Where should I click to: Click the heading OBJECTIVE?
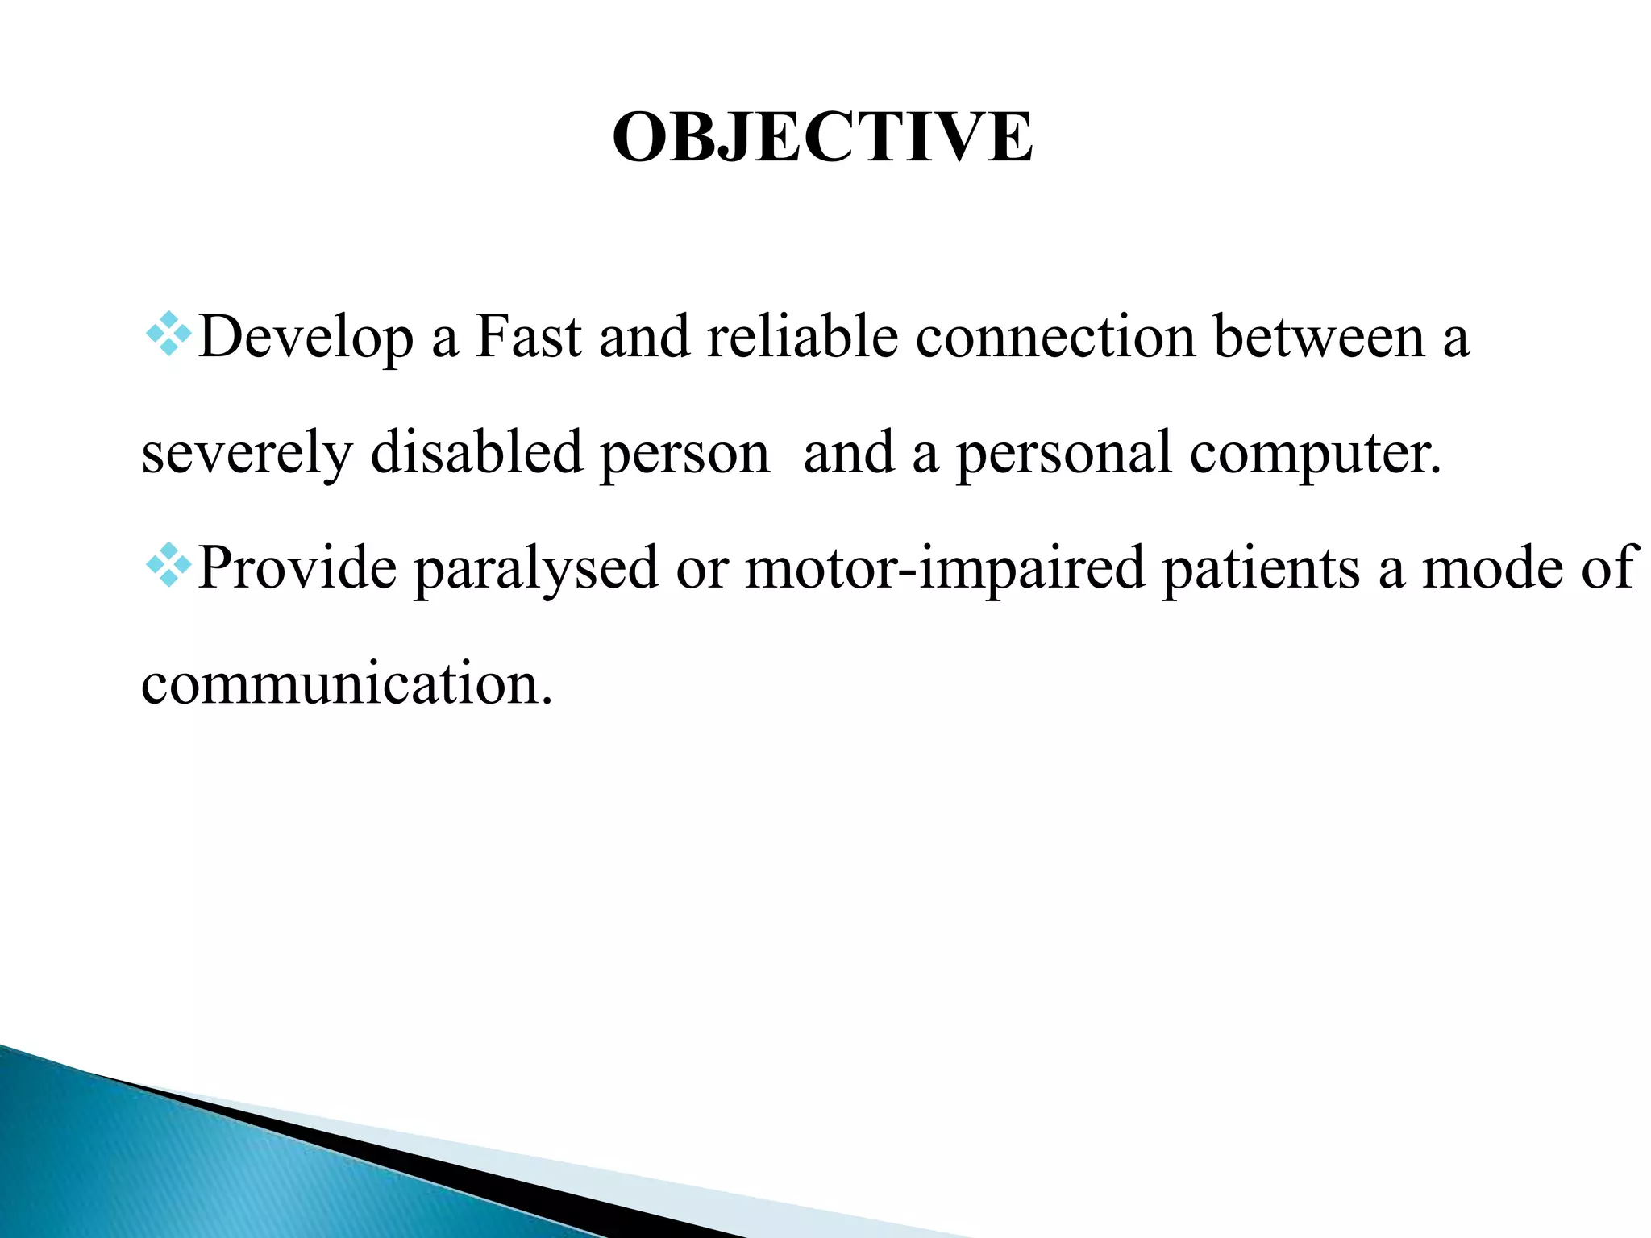[822, 137]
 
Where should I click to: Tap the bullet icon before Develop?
[168, 334]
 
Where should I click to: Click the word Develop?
[306, 337]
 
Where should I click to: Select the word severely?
[247, 453]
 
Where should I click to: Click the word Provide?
[297, 567]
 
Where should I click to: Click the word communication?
[347, 683]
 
